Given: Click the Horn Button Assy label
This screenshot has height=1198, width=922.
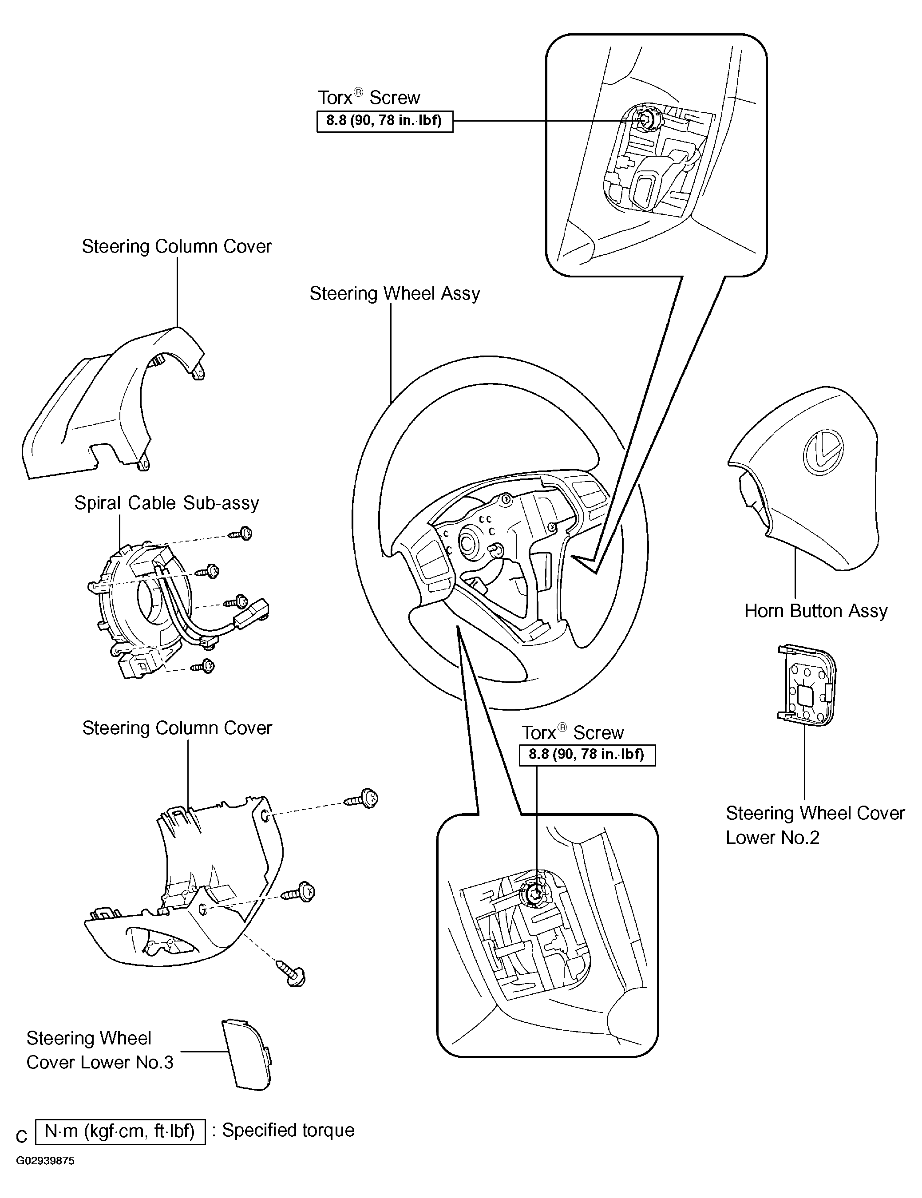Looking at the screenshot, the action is click(x=815, y=610).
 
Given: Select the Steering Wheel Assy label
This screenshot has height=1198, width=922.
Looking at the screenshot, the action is click(x=394, y=293).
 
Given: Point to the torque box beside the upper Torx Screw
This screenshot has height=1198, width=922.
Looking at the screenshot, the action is click(x=384, y=121).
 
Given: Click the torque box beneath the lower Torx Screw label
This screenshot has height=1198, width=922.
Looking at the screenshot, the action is click(x=587, y=755).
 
